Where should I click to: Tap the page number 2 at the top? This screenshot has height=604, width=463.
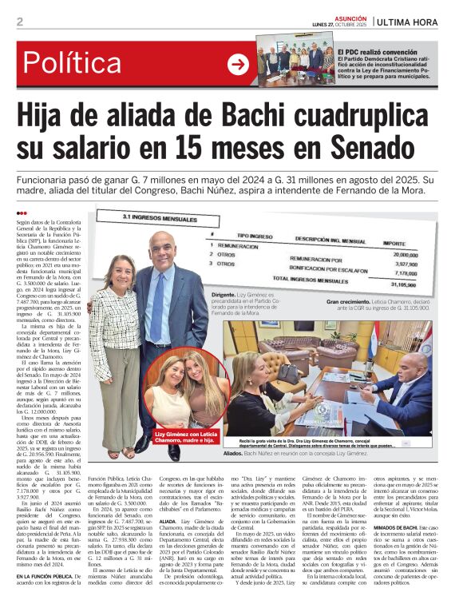pos(20,22)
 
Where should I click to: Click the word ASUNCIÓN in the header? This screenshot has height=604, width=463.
pos(350,16)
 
